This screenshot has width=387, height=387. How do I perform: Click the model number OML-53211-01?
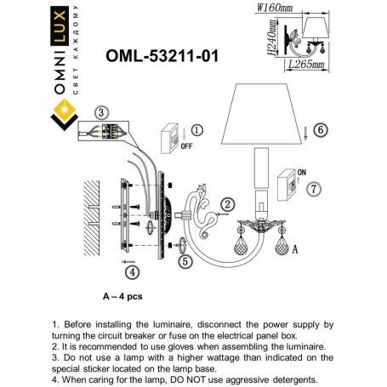coord(161,56)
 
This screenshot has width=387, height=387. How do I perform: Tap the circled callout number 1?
coord(197,130)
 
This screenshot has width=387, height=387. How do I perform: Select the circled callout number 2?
coord(228,204)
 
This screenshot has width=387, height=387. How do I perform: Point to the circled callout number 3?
coord(101,112)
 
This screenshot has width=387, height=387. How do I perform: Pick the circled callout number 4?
coord(132,272)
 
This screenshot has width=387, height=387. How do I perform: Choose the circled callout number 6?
coord(320,130)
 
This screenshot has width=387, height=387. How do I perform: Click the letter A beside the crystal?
coord(295,251)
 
